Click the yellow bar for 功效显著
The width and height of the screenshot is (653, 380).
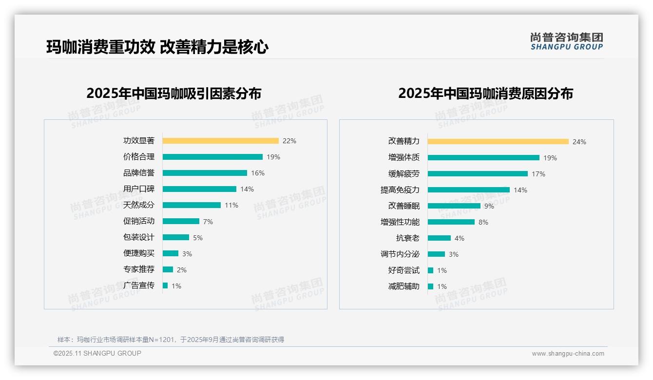coord(220,141)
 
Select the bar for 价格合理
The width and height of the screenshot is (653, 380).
coord(212,157)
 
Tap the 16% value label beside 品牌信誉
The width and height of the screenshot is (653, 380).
coord(258,173)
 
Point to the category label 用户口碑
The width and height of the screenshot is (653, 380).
coord(138,189)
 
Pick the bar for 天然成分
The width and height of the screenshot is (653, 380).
coord(192,205)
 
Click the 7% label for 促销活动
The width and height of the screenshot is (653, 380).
coord(208,222)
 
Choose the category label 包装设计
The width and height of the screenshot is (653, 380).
coord(138,237)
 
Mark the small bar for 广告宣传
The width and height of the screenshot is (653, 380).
coord(165,285)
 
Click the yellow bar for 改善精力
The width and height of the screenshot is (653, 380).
coord(498,142)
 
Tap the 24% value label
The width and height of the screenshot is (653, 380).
coord(579,142)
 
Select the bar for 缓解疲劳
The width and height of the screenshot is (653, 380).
coord(478,174)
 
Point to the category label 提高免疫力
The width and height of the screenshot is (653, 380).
coord(400,190)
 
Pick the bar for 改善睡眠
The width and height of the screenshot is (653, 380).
coord(454,206)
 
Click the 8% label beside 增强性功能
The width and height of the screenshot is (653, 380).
coord(483,222)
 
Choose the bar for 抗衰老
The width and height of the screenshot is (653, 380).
coord(439,238)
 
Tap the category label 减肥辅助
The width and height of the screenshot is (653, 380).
coord(403,286)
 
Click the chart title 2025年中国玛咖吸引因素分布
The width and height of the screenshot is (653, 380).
coord(174,93)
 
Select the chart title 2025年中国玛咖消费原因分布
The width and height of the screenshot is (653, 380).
coord(485,93)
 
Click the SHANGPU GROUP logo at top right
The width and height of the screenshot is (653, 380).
coord(566,41)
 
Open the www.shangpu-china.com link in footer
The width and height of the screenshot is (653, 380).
coord(568,354)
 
